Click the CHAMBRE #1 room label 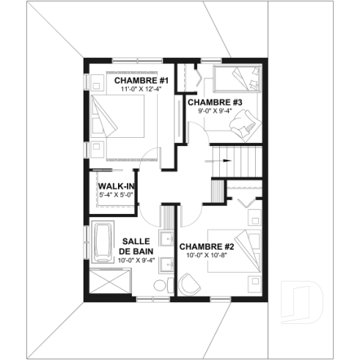[x=142, y=80]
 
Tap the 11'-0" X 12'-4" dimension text [x=142, y=89]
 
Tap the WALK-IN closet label [x=115, y=186]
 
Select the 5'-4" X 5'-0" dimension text [x=115, y=195]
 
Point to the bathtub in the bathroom [x=100, y=242]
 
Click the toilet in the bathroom [x=168, y=283]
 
